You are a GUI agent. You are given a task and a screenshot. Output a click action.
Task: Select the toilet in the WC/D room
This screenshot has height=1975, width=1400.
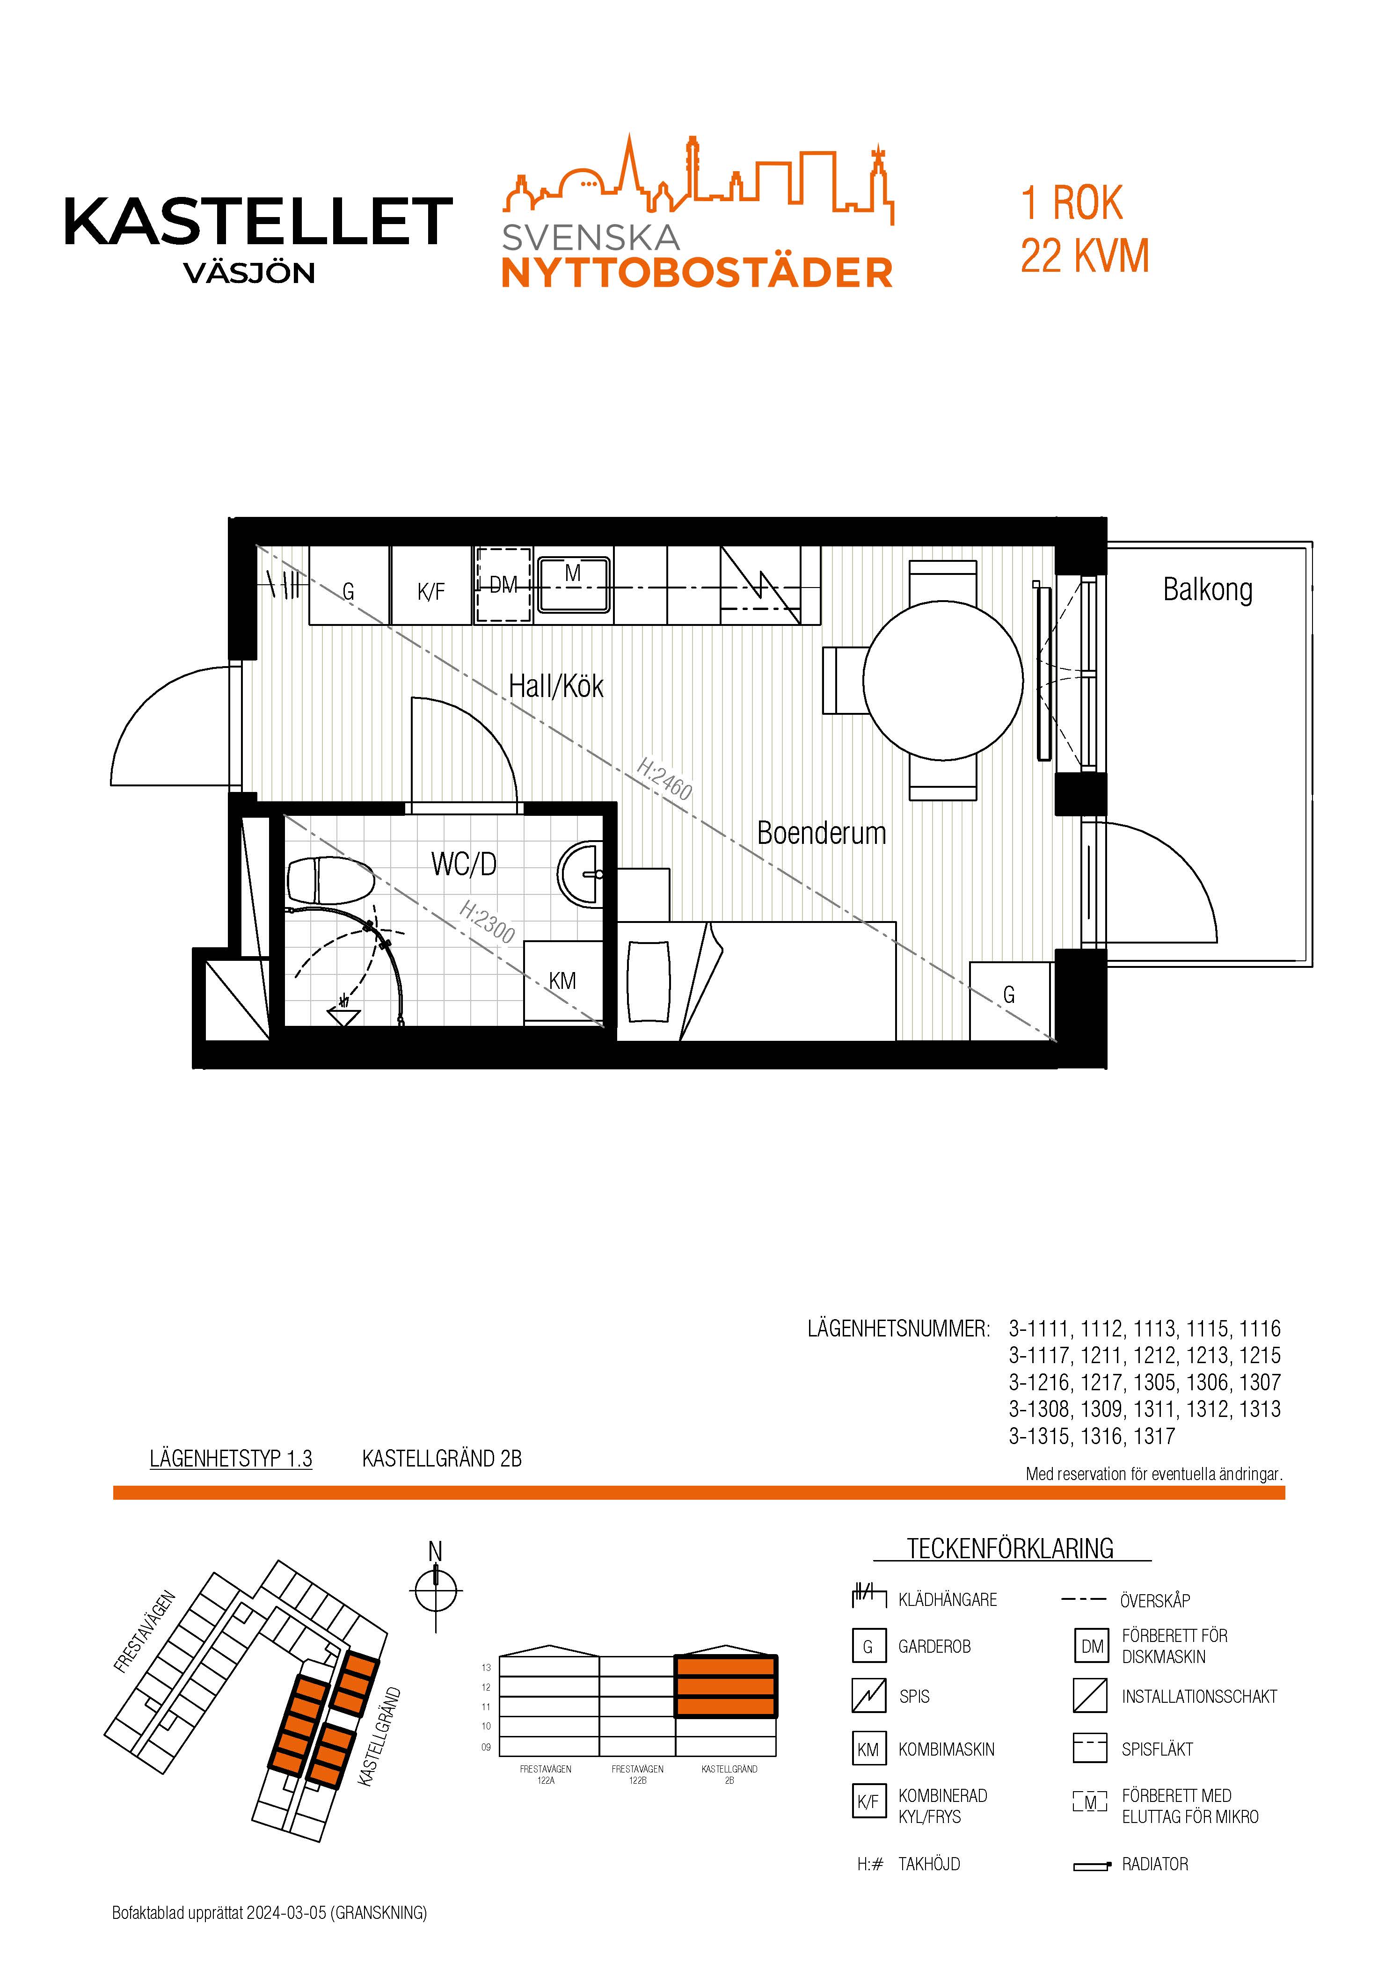click(x=330, y=880)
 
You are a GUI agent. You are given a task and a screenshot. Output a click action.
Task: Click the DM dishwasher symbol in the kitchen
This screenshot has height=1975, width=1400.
click(x=503, y=585)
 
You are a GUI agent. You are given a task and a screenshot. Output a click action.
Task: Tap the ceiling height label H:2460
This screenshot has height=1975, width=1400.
click(x=664, y=778)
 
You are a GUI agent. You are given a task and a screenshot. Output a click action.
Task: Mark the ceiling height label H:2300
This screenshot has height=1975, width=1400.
click(x=487, y=921)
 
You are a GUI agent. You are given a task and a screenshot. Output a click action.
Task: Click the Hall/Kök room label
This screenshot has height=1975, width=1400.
click(x=556, y=687)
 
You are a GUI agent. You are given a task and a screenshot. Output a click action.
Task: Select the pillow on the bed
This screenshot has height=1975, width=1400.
click(x=648, y=980)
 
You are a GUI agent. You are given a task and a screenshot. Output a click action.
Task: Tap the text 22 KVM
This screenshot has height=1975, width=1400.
click(x=1085, y=256)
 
